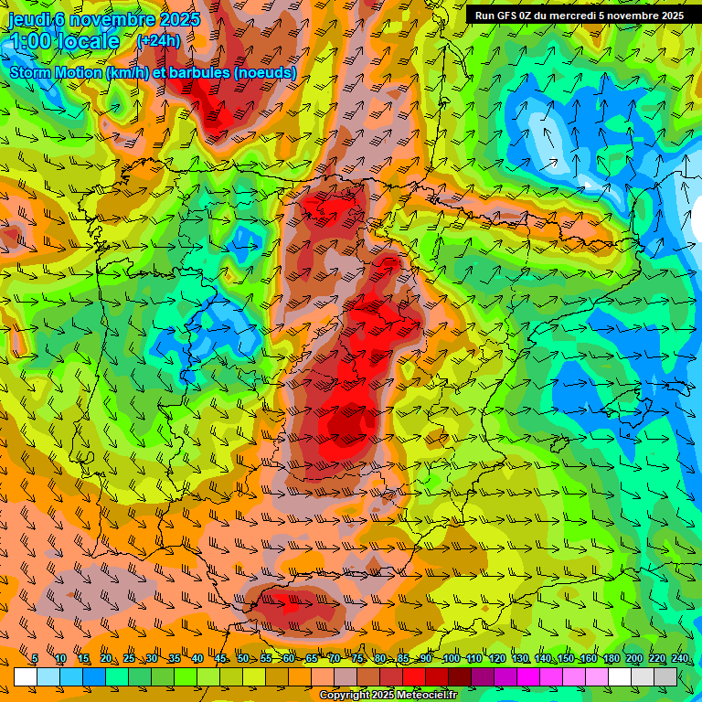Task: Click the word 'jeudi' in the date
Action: click(x=30, y=19)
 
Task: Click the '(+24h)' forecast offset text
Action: click(x=158, y=40)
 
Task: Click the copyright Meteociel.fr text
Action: click(x=388, y=696)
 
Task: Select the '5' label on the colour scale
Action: click(x=35, y=658)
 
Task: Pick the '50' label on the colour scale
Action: click(x=242, y=658)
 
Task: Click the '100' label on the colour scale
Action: click(x=451, y=658)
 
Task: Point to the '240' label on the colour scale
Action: click(x=679, y=658)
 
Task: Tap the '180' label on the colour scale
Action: click(x=611, y=658)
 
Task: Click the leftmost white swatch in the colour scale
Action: click(x=26, y=676)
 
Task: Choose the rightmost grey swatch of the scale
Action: click(x=665, y=676)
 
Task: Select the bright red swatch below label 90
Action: click(x=414, y=676)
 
